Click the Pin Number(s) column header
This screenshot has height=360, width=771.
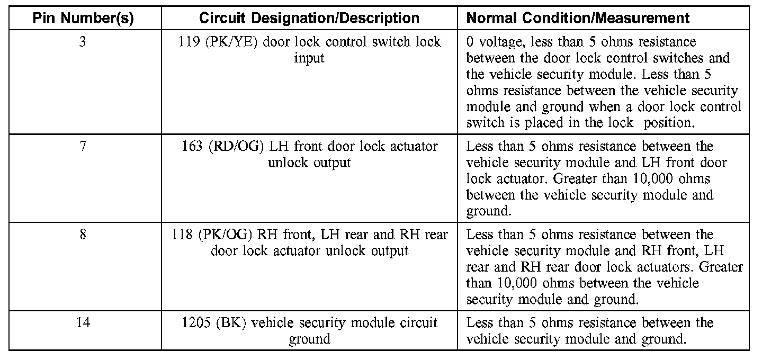[x=83, y=18]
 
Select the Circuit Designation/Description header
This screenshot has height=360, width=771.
[x=309, y=18]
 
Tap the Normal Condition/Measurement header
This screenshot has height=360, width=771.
[x=578, y=18]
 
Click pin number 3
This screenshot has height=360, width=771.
[x=83, y=41]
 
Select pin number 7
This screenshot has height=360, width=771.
[x=83, y=146]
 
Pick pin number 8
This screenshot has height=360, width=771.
[x=83, y=234]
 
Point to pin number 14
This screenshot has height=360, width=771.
[x=83, y=322]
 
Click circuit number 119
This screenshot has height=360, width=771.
[x=190, y=41]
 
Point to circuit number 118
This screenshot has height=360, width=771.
[x=182, y=234]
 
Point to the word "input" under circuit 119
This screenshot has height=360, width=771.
[x=309, y=58]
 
